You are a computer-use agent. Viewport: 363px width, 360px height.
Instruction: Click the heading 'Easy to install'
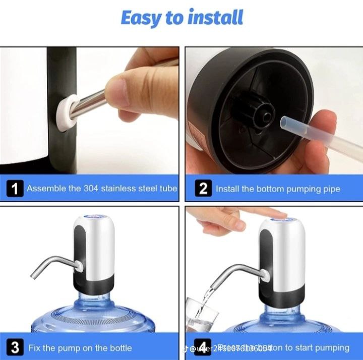pyautogui.click(x=181, y=18)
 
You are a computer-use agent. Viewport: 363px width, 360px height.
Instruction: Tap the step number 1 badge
pyautogui.click(x=15, y=189)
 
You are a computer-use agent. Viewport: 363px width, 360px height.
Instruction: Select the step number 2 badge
pyautogui.click(x=203, y=189)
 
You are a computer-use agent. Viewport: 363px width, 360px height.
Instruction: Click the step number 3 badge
pyautogui.click(x=15, y=348)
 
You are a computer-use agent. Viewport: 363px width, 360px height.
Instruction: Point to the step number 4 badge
pyautogui.click(x=203, y=348)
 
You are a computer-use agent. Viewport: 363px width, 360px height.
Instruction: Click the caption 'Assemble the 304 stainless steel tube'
pyautogui.click(x=102, y=189)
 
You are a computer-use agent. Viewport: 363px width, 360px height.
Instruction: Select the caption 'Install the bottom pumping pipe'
pyautogui.click(x=278, y=189)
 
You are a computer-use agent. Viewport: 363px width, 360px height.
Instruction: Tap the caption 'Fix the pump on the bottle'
pyautogui.click(x=80, y=348)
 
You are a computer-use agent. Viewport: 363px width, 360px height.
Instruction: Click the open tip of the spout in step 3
pyautogui.click(x=33, y=276)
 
